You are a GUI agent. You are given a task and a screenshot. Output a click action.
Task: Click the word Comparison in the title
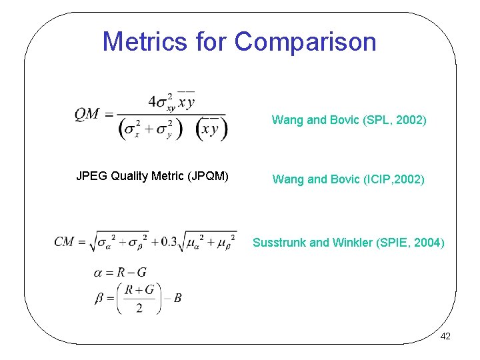[305, 41]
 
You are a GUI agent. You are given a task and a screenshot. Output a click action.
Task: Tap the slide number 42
[445, 336]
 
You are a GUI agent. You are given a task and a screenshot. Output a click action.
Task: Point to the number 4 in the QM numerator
[153, 101]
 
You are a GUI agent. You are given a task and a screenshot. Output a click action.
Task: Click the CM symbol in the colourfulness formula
[65, 241]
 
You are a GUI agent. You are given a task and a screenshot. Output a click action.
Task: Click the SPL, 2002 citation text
[393, 121]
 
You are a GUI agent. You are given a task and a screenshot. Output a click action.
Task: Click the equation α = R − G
[121, 272]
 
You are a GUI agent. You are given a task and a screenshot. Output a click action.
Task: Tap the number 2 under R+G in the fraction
[139, 307]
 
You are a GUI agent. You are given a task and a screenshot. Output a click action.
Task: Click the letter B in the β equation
[177, 298]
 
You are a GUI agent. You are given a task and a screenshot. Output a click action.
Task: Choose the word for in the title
[212, 41]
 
